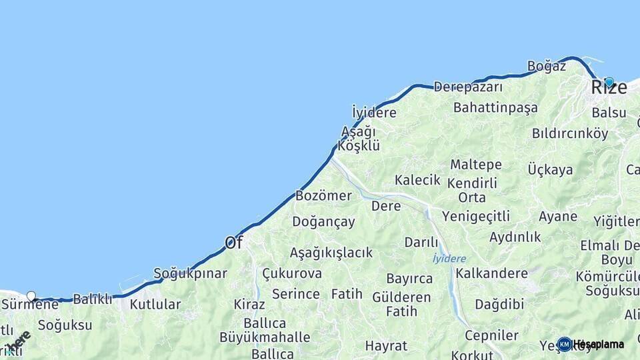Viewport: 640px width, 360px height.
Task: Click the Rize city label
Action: tap(609, 88)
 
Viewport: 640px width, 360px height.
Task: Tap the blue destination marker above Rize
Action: tap(609, 82)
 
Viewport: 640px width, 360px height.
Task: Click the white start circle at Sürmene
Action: tap(31, 296)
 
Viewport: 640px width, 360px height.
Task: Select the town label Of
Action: tap(233, 243)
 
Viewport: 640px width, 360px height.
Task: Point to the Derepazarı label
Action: tap(468, 87)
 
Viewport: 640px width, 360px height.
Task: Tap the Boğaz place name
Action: tap(546, 66)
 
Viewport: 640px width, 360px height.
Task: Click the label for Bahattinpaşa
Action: tap(495, 107)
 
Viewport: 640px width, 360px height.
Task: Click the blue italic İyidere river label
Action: tap(449, 259)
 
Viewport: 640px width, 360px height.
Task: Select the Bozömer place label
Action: tap(323, 196)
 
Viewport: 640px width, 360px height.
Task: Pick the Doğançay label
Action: tap(323, 222)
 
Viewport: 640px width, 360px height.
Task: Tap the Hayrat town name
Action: tap(386, 345)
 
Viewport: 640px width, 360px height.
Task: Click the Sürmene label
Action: tap(30, 305)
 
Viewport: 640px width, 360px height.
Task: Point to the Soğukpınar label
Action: tap(190, 273)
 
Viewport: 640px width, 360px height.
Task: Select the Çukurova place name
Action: tap(291, 273)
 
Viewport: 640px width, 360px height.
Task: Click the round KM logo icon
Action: tap(564, 344)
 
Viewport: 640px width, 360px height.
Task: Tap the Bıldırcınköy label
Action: tap(570, 133)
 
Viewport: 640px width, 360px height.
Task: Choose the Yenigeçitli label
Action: tap(475, 215)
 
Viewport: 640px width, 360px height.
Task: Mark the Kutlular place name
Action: tap(155, 305)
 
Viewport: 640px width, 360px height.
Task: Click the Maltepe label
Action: tap(475, 165)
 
